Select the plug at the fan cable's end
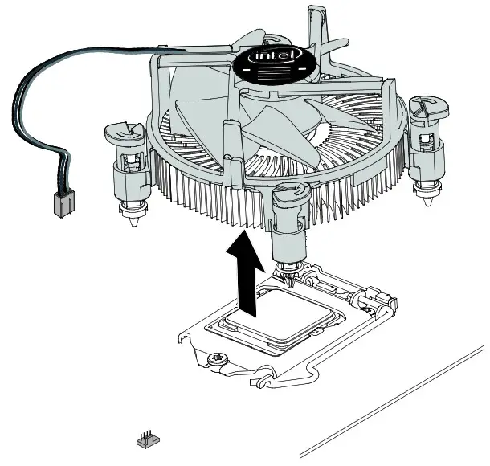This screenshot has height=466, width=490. [x=61, y=206]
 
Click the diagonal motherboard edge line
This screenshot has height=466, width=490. [x=394, y=402]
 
